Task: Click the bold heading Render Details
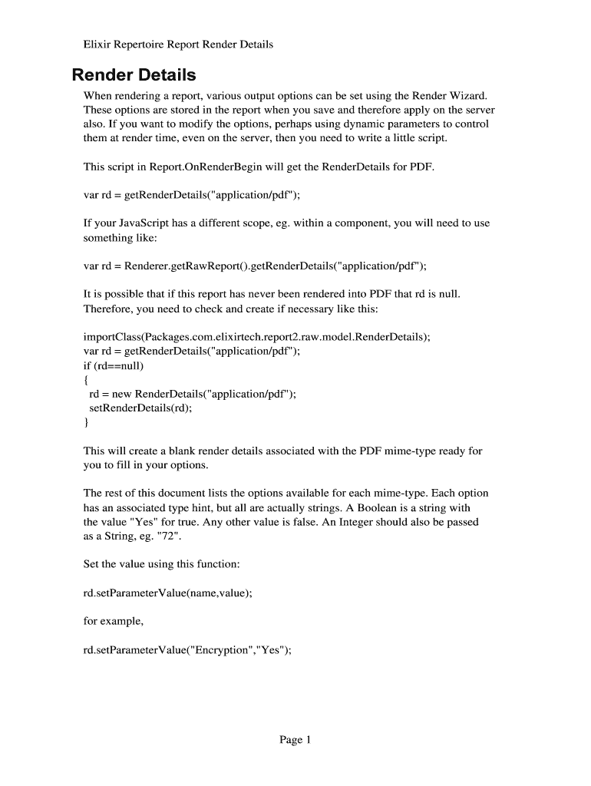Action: (134, 75)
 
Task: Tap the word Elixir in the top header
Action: (97, 45)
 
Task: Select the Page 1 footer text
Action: (295, 740)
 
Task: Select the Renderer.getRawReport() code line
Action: (255, 266)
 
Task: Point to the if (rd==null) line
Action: (113, 365)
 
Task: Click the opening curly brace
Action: (86, 379)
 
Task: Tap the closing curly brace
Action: (86, 422)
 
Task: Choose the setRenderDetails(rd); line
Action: (140, 408)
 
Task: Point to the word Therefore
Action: (111, 309)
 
